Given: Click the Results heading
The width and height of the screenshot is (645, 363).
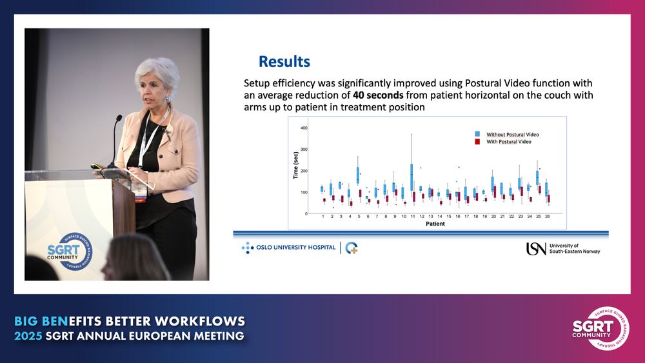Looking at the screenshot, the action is click(x=284, y=62).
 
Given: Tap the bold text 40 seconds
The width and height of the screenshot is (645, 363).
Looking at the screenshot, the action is click(x=378, y=95).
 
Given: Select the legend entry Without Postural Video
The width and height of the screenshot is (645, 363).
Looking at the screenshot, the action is click(x=513, y=134).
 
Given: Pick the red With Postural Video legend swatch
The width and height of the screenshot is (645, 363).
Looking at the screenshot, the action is click(x=477, y=141).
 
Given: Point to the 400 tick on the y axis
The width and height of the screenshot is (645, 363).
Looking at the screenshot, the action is click(x=304, y=128).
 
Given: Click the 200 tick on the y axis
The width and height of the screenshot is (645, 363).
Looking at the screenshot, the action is click(x=304, y=171).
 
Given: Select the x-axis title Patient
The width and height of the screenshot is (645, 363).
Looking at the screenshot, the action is click(x=435, y=224).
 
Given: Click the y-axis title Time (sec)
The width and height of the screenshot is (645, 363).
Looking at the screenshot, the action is click(x=296, y=166).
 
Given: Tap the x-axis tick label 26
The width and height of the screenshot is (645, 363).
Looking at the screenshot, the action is click(x=548, y=216).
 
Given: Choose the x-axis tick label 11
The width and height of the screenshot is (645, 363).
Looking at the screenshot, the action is click(x=413, y=216).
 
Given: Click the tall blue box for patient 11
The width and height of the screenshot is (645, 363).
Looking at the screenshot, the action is click(x=412, y=177).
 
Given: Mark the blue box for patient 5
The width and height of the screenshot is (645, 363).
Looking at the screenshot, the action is click(x=358, y=175).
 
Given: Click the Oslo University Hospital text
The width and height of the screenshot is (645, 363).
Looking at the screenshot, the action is click(x=296, y=248).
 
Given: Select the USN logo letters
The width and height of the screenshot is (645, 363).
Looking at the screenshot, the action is click(x=536, y=249).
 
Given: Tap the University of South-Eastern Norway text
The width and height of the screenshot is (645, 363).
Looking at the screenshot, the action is click(x=575, y=248).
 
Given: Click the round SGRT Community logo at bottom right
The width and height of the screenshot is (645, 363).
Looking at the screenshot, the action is click(x=600, y=328).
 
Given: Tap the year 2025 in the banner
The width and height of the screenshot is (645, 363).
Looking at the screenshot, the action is click(x=28, y=336).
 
